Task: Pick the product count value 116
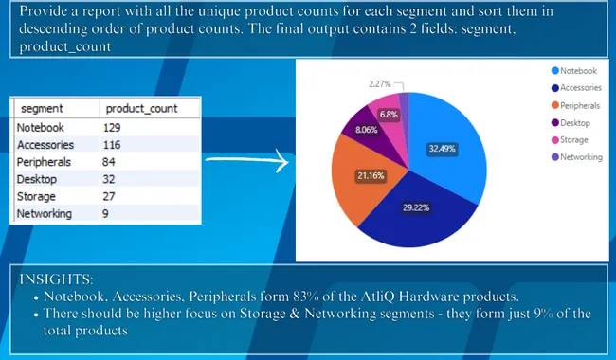click(115, 144)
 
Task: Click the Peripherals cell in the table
click(44, 161)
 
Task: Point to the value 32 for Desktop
click(112, 179)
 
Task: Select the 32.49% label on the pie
click(442, 149)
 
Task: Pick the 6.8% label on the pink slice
click(389, 115)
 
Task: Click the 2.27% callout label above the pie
click(380, 83)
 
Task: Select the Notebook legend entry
click(576, 70)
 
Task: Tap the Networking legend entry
click(580, 157)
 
